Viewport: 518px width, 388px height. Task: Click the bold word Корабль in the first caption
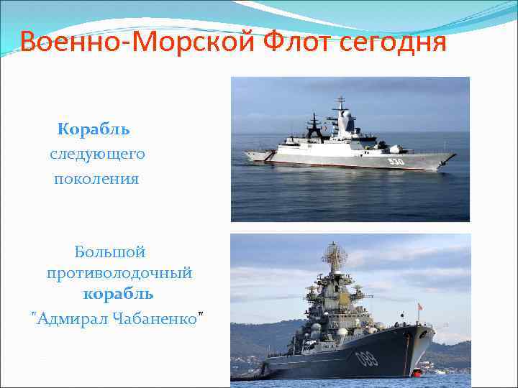click(94, 129)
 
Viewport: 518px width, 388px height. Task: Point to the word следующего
click(97, 154)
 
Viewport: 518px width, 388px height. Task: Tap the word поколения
click(96, 178)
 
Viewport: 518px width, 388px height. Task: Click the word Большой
click(109, 251)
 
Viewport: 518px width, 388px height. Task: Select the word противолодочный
click(119, 273)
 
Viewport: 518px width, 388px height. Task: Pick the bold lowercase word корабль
click(118, 294)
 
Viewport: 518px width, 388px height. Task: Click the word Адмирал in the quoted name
click(73, 318)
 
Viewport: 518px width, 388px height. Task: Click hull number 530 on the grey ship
click(396, 162)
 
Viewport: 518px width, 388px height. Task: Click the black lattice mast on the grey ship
click(315, 125)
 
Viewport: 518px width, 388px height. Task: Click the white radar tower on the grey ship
click(342, 115)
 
